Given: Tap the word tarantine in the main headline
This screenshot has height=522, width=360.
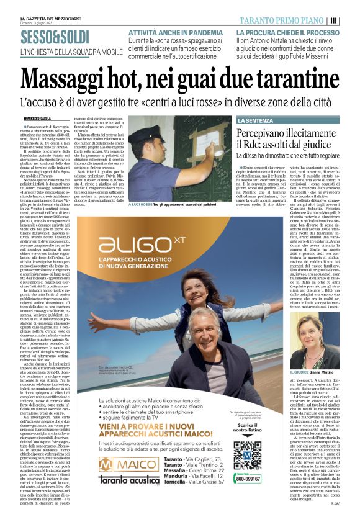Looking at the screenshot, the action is pyautogui.click(x=292, y=78).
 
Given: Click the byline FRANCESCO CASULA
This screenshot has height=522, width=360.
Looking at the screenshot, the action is pyautogui.click(x=37, y=118).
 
